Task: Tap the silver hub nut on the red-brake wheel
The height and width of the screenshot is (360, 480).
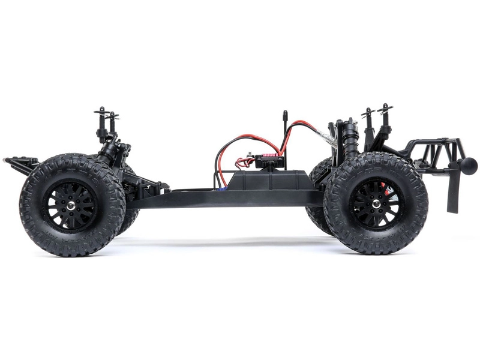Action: click(x=376, y=205)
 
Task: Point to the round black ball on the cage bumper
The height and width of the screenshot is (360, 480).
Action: click(x=469, y=166)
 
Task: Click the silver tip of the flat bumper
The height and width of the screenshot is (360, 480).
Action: click(x=5, y=160)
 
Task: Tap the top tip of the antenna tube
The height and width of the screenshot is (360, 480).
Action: click(x=284, y=113)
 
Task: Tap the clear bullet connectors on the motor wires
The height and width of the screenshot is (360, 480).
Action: click(x=329, y=136)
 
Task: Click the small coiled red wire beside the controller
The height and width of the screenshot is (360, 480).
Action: click(x=245, y=160)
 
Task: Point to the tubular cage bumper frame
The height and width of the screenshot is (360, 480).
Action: click(x=435, y=153)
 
